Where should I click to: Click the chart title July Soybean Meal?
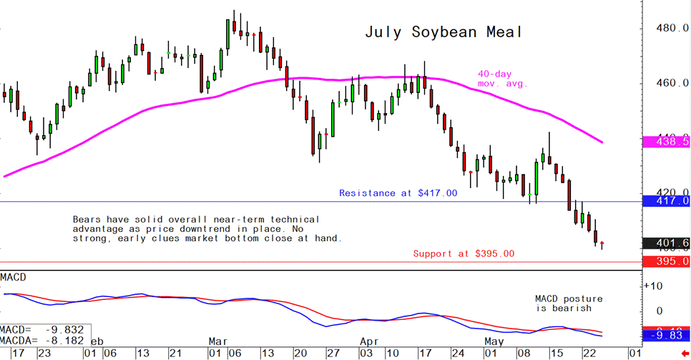click(x=443, y=32)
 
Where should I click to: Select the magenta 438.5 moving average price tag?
click(x=667, y=142)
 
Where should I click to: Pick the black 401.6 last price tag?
click(x=667, y=243)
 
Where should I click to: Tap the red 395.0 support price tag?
click(x=667, y=262)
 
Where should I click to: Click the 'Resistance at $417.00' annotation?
click(x=397, y=193)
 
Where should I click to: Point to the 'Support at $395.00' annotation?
click(x=463, y=253)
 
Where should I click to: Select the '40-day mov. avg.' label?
click(x=502, y=78)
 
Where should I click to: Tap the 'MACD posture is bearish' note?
click(x=569, y=303)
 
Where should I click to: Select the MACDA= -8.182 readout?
click(x=43, y=341)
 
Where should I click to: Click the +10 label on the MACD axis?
click(x=652, y=286)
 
